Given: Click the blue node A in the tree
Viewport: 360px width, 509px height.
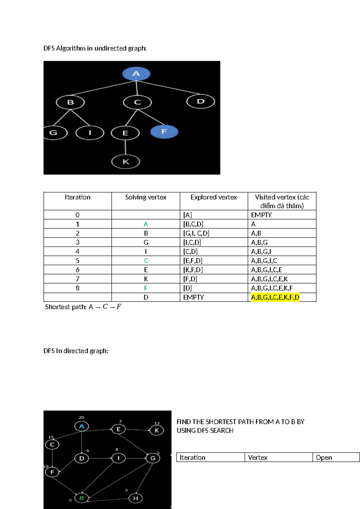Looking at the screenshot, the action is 136,74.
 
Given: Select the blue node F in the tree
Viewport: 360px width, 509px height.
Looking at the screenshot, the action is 164,131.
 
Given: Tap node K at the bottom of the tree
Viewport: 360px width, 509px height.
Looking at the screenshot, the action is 126,162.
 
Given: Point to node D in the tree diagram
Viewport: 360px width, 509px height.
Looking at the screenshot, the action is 201,101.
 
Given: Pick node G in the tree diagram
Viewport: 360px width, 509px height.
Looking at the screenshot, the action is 55,132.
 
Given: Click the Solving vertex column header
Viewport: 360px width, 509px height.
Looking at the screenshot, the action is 146,197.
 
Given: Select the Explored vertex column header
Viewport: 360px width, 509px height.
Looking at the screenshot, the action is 214,197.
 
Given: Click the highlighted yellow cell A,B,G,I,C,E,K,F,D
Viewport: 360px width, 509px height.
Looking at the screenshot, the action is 275,297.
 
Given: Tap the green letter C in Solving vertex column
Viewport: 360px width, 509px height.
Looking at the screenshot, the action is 146,261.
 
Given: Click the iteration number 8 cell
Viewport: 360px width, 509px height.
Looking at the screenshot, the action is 77,288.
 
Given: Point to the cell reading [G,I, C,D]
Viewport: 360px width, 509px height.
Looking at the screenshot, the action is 196,233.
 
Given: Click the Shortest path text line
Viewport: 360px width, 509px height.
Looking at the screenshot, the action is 83,307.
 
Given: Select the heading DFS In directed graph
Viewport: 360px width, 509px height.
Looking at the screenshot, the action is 76,351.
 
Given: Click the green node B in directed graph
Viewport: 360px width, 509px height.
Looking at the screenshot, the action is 82,498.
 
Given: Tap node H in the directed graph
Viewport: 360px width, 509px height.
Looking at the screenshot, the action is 136,498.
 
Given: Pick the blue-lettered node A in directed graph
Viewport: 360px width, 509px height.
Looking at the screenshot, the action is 82,426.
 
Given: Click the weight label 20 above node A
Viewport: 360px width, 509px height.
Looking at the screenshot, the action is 81,417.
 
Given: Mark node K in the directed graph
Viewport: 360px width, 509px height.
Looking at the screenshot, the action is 157,430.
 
